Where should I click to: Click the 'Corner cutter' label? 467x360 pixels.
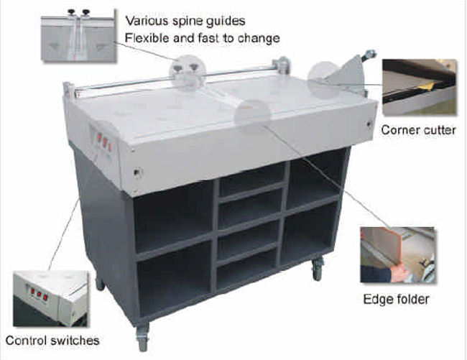tap(418, 130)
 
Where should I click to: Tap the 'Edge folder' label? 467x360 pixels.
tap(396, 299)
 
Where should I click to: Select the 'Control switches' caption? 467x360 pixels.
tap(52, 341)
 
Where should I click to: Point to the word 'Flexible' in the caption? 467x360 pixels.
tap(144, 38)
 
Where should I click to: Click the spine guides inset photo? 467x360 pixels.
tap(78, 35)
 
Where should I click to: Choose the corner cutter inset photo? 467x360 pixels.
tap(420, 87)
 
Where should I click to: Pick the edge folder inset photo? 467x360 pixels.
tap(397, 255)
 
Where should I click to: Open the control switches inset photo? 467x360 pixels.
tap(51, 299)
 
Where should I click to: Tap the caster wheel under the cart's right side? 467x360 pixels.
tap(318, 269)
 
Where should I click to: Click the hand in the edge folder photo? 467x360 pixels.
tap(399, 273)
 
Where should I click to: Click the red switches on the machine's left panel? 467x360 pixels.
tap(103, 142)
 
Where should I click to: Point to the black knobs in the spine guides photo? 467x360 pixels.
tap(78, 12)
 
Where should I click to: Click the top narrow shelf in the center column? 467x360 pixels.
tap(251, 180)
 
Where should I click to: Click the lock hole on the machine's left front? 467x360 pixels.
tap(137, 172)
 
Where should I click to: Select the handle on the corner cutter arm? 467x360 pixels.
tap(369, 54)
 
